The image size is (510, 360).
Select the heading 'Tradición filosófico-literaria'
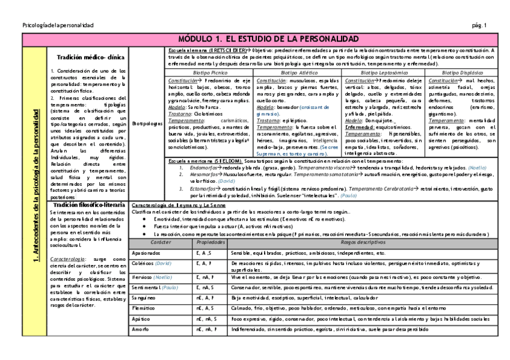coord(88,205)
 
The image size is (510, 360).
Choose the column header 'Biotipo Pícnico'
coord(209,72)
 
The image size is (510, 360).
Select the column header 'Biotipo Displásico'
coord(462,72)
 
